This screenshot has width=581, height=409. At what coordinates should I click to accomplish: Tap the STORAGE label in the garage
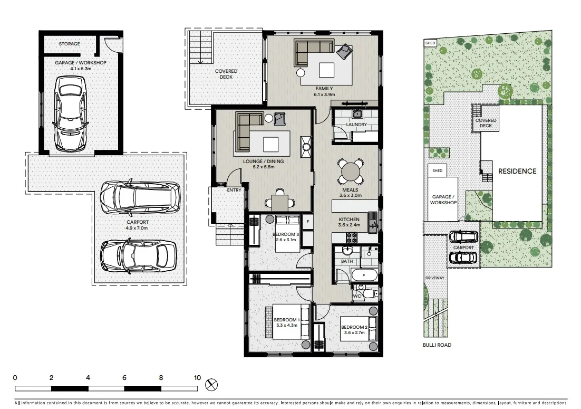point(70,44)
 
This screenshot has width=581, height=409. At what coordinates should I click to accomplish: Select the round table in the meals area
point(350,171)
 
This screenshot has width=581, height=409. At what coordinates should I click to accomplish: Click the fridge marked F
point(307,222)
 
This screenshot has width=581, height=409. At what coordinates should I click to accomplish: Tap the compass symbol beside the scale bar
point(211,384)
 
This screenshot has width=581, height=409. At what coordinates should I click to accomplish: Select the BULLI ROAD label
point(437,345)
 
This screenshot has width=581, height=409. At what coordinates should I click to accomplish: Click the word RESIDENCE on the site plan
point(517,172)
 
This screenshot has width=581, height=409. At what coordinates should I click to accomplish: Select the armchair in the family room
point(345,52)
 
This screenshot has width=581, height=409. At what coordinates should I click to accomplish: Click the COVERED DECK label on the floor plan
point(226,74)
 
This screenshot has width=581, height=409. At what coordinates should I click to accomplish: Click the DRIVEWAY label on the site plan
point(435,278)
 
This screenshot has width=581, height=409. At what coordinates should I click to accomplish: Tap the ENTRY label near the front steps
point(234,190)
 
